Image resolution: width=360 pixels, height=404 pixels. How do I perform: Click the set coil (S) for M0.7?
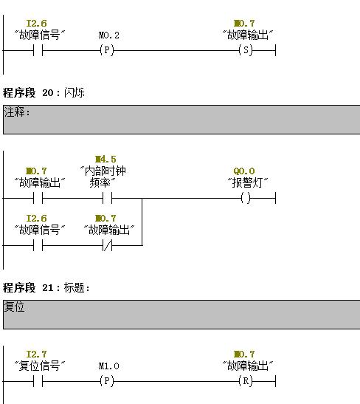pos(246,50)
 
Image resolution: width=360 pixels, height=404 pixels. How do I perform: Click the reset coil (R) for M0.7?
pos(246,381)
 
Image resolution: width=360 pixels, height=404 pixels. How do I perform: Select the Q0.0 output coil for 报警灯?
pos(246,198)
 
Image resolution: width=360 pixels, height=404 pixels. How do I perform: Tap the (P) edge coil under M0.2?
pos(107,50)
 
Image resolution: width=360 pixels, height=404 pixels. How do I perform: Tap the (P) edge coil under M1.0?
pos(107,381)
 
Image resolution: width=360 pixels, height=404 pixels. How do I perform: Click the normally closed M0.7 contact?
pos(107,245)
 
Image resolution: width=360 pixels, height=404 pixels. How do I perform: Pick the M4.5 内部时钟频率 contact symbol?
pos(107,198)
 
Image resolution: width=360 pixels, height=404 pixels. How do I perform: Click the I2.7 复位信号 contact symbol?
pos(38,381)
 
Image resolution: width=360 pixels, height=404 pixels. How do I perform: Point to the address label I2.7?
pos(37,354)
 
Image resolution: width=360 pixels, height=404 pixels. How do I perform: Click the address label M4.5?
pos(105,159)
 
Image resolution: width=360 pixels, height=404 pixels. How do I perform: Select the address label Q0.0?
pos(244,171)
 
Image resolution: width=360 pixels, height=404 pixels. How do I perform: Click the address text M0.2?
pos(109,35)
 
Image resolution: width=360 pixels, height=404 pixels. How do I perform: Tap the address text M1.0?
pos(109,366)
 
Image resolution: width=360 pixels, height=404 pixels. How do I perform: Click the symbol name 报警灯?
pos(248,182)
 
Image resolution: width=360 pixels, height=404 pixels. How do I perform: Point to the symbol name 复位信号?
pos(39,366)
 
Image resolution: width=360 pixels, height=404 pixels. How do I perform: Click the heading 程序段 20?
pos(28,92)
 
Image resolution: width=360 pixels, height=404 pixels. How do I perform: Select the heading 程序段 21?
pos(28,287)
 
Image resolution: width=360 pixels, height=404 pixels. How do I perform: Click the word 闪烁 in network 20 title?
pos(74,92)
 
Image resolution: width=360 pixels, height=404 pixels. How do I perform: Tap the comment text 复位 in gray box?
pos(14,307)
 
